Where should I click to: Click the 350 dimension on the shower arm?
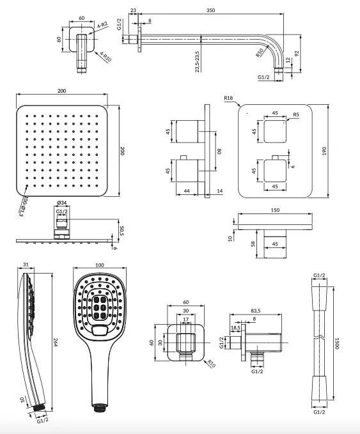pyautogui.click(x=210, y=10)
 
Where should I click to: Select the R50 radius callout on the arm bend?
pyautogui.click(x=260, y=52)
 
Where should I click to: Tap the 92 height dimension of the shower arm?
pyautogui.click(x=297, y=53)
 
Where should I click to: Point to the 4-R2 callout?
pyautogui.click(x=102, y=25)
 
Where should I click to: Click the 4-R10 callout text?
pyautogui.click(x=106, y=57)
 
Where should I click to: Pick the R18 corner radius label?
pyautogui.click(x=228, y=98)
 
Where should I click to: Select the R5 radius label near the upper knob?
pyautogui.click(x=296, y=114)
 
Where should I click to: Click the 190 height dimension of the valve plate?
pyautogui.click(x=324, y=151)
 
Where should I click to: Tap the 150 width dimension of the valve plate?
pyautogui.click(x=275, y=210)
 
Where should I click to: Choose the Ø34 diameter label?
pyautogui.click(x=62, y=203)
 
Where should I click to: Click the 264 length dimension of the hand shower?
pyautogui.click(x=55, y=342)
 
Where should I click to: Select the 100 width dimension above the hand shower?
pyautogui.click(x=99, y=265)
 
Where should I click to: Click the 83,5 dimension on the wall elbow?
pyautogui.click(x=256, y=311)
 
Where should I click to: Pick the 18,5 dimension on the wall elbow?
pyautogui.click(x=236, y=328)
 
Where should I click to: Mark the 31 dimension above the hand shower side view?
pyautogui.click(x=26, y=265)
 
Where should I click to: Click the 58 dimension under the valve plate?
pyautogui.click(x=253, y=244)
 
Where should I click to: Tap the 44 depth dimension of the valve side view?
pyautogui.click(x=187, y=190)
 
